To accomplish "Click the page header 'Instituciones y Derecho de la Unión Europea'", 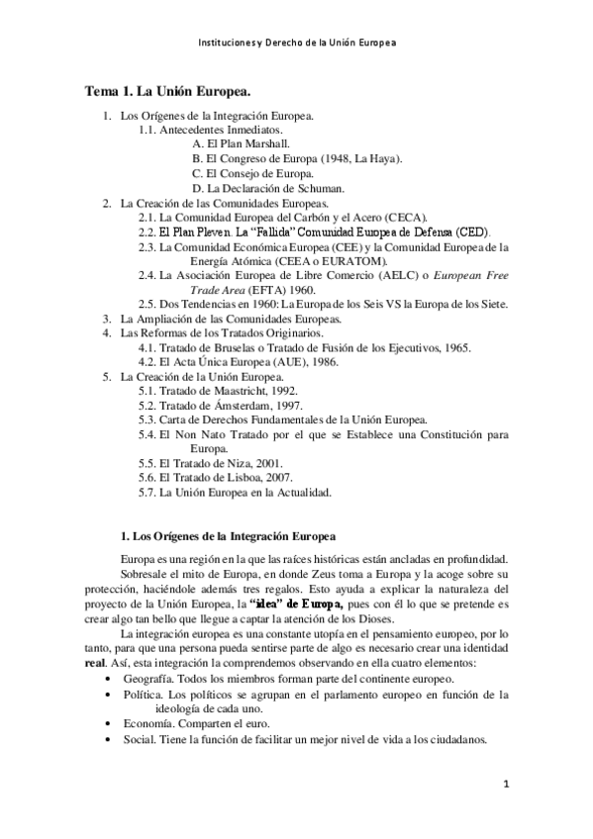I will (x=296, y=44).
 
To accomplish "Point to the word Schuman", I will (x=319, y=188).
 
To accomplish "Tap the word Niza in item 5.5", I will (x=245, y=463).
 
